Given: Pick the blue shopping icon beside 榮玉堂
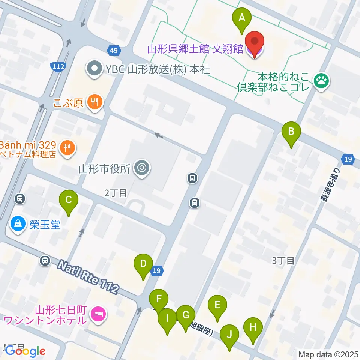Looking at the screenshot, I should [x=17, y=225].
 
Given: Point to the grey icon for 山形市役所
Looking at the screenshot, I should [x=142, y=168].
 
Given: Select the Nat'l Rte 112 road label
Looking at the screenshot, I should [x=88, y=277].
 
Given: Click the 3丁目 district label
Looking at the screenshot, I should [x=283, y=261].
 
